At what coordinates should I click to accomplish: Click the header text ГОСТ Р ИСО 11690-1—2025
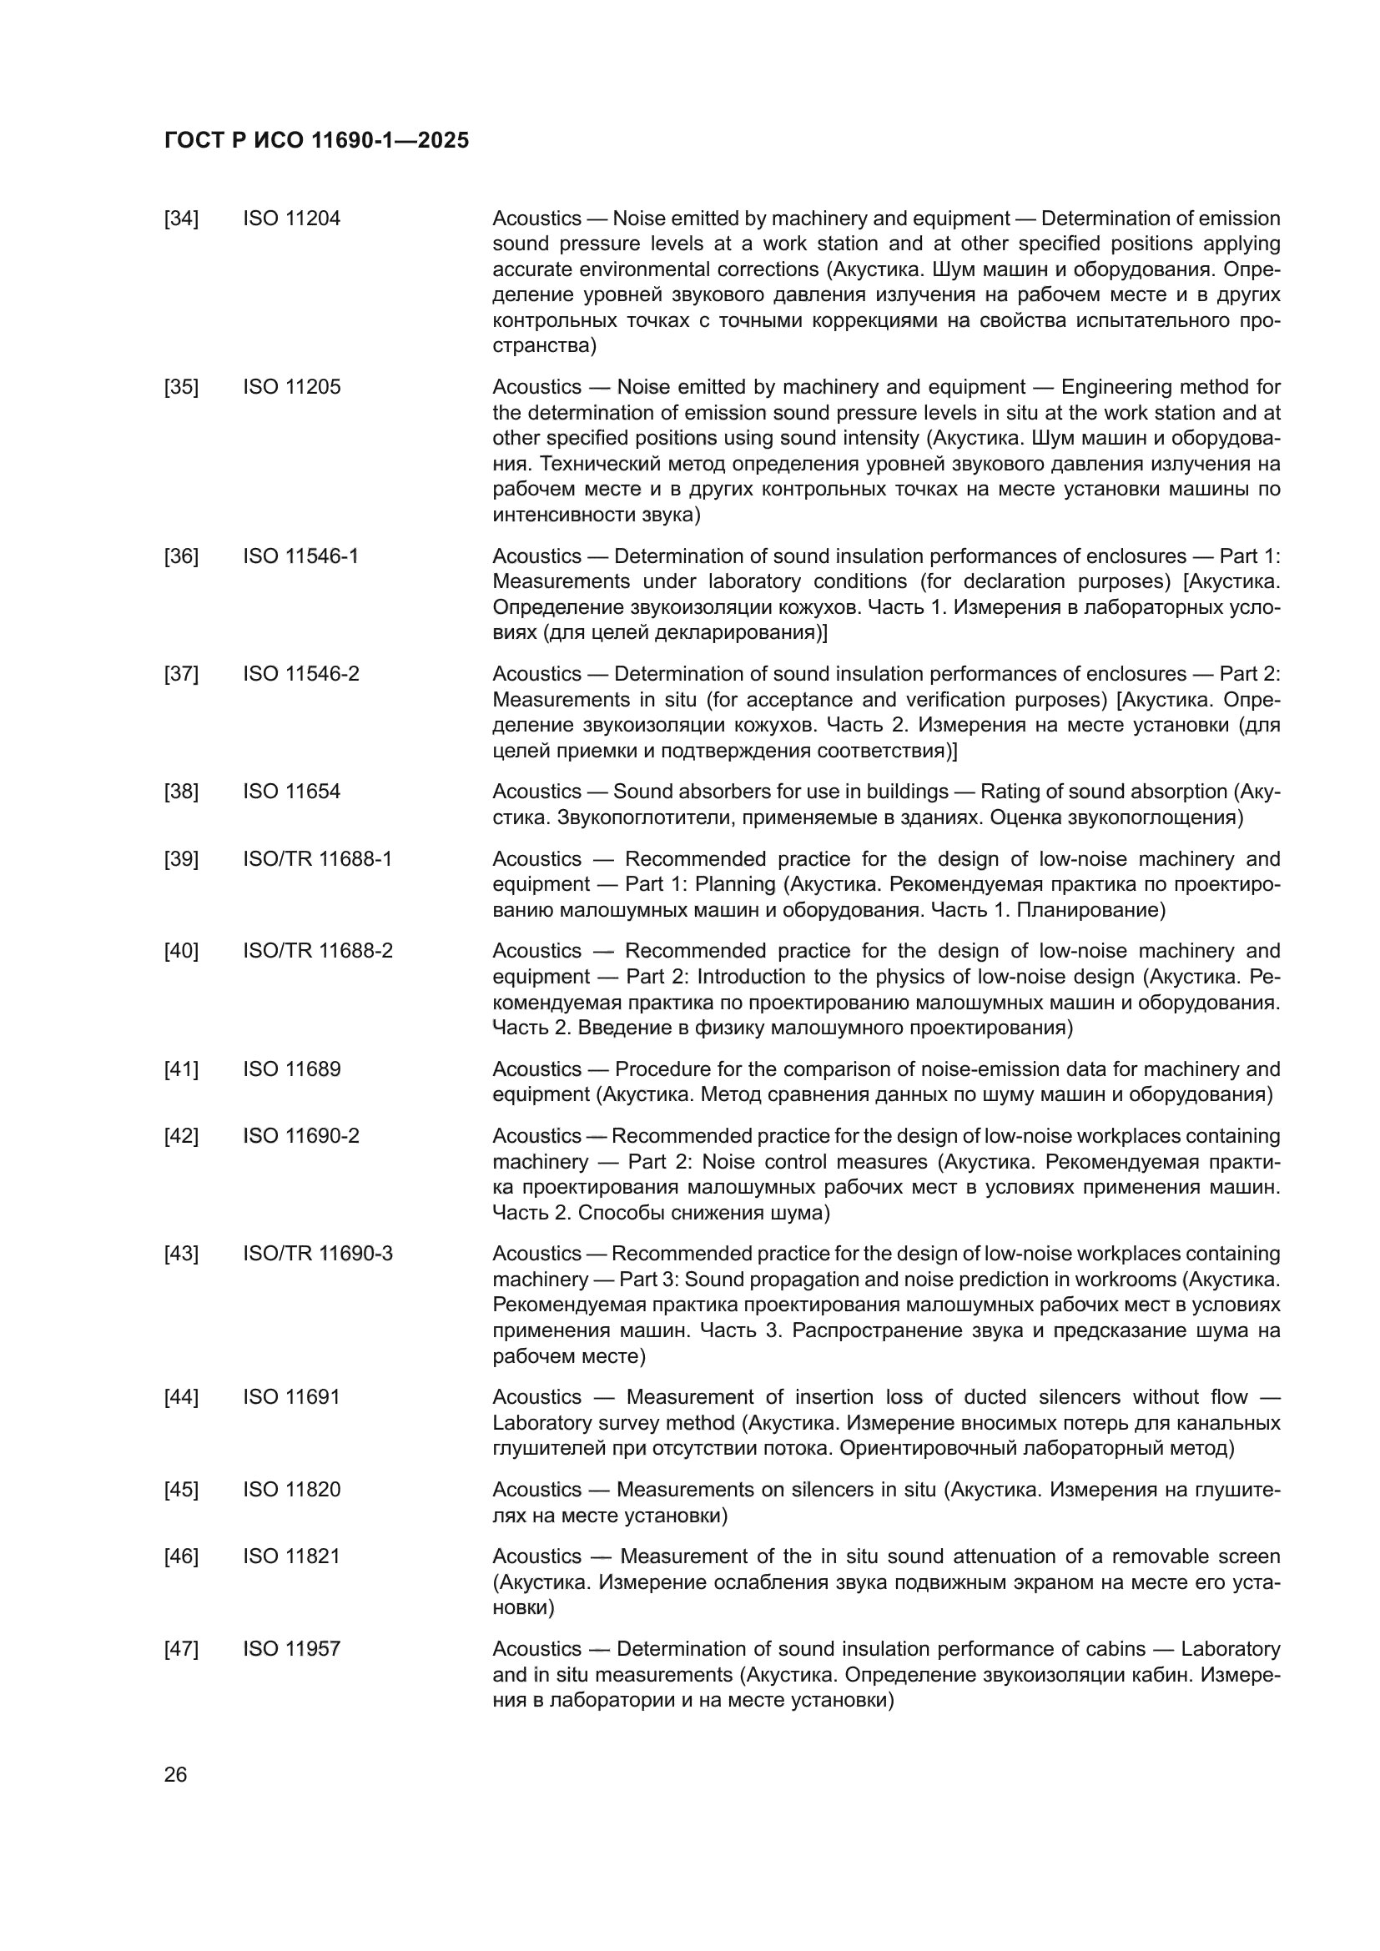point(316,141)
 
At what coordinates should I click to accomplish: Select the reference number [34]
point(181,219)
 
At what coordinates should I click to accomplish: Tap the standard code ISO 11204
point(291,219)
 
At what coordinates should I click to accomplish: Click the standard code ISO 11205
point(291,388)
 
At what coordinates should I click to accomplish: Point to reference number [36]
point(181,556)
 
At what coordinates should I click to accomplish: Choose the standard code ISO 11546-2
point(301,674)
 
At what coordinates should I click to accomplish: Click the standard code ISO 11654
point(291,792)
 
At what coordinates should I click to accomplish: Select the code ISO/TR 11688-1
point(318,859)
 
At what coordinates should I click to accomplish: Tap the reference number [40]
point(181,951)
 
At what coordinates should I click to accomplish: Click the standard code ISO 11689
point(291,1069)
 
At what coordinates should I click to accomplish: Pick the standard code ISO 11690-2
point(301,1136)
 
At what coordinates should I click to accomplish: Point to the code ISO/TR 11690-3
point(318,1255)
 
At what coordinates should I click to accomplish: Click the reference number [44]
point(181,1397)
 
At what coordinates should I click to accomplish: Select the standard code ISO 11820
point(291,1490)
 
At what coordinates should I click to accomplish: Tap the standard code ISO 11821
point(291,1556)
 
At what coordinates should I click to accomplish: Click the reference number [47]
point(181,1649)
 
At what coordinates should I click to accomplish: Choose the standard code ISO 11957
point(291,1649)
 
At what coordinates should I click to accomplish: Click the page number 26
point(175,1775)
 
